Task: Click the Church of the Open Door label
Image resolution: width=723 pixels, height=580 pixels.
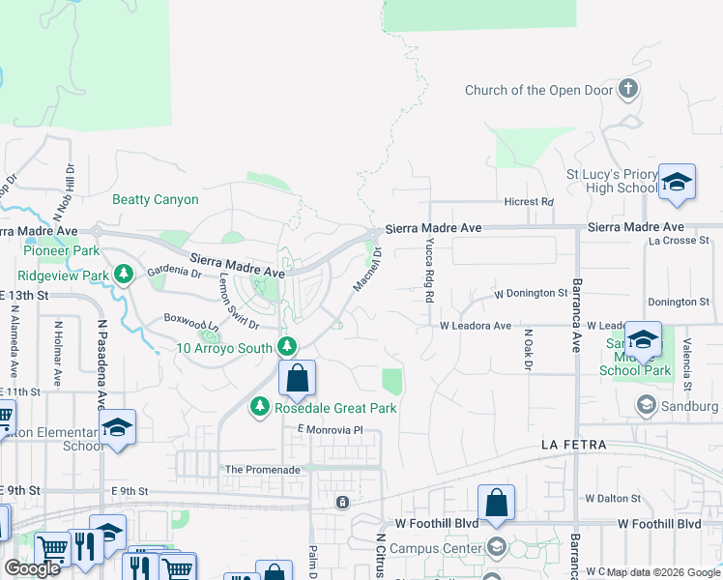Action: click(x=538, y=91)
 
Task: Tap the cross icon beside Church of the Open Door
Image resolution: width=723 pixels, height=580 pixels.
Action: click(x=628, y=91)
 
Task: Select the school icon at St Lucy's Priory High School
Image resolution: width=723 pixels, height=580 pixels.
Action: click(x=677, y=181)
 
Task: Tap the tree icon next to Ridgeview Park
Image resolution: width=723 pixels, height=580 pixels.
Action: click(x=124, y=275)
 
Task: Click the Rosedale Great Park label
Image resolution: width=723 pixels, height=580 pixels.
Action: click(x=335, y=408)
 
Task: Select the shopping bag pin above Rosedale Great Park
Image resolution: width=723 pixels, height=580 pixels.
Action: click(x=298, y=379)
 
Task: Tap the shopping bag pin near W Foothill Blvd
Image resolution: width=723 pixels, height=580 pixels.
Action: click(x=496, y=503)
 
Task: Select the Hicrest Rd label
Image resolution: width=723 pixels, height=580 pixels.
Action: click(x=528, y=202)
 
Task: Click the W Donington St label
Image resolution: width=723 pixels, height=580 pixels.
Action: click(x=531, y=293)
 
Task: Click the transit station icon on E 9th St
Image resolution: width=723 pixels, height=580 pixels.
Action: click(x=341, y=503)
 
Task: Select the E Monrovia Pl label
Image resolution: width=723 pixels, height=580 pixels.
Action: click(x=329, y=429)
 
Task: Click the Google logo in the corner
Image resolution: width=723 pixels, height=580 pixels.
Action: click(x=33, y=567)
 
